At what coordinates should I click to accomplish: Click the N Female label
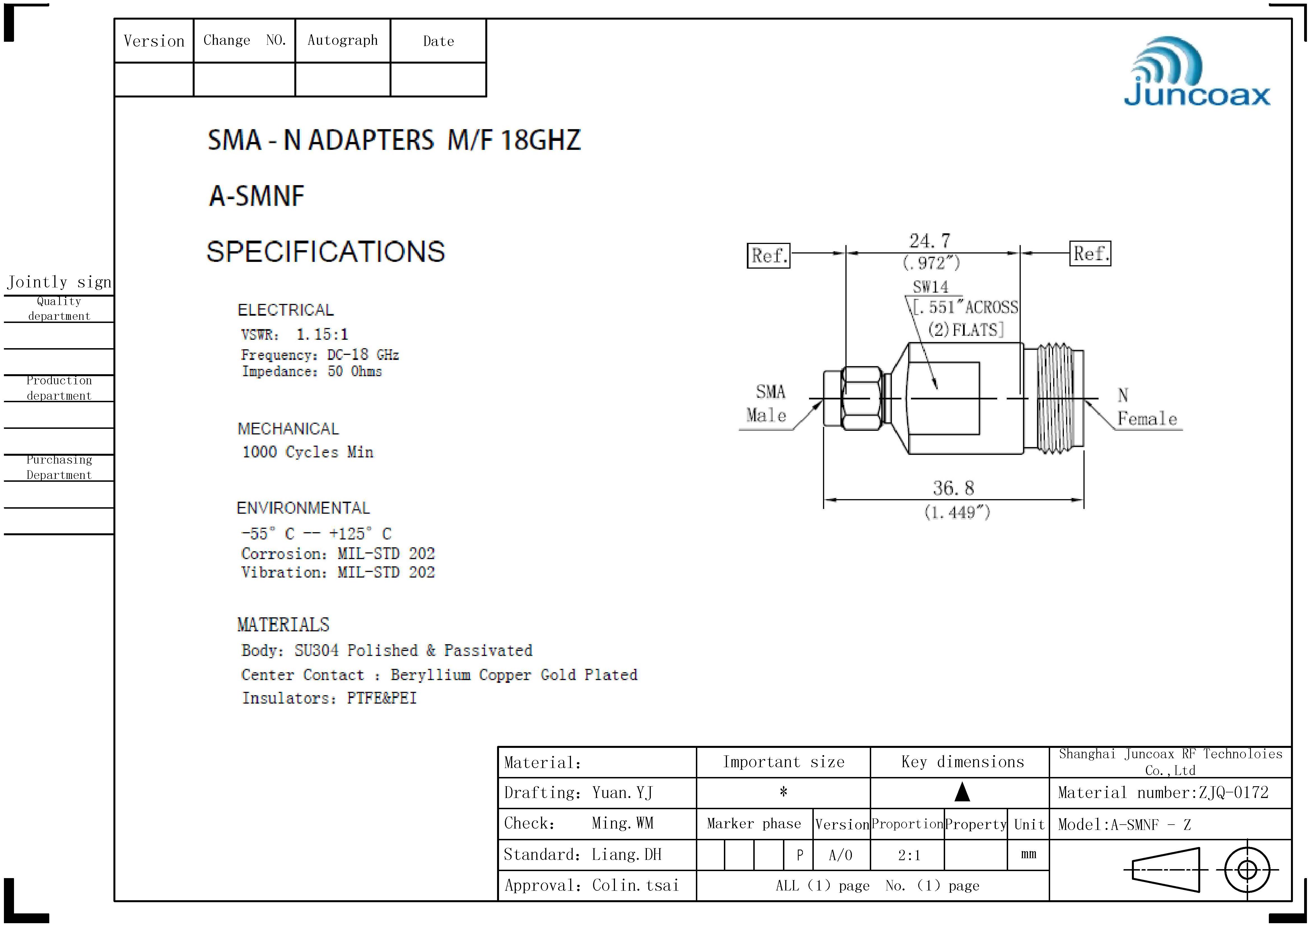pos(1146,407)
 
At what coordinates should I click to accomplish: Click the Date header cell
pos(438,41)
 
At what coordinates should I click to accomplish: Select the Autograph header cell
pos(342,41)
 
